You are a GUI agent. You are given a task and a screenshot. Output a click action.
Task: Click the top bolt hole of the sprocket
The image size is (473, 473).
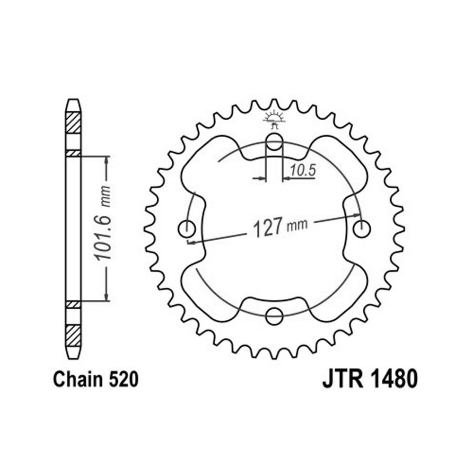click(274, 141)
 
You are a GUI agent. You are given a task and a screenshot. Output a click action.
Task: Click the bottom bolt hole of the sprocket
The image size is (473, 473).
click(274, 316)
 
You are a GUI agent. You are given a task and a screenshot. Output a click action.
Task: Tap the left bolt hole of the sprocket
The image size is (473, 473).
click(187, 229)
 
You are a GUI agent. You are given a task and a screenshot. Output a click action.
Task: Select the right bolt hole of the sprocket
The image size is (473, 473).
click(362, 228)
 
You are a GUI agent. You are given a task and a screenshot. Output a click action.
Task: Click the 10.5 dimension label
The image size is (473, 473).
click(303, 170)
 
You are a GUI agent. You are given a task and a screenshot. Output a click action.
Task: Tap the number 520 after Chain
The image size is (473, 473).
click(123, 379)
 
